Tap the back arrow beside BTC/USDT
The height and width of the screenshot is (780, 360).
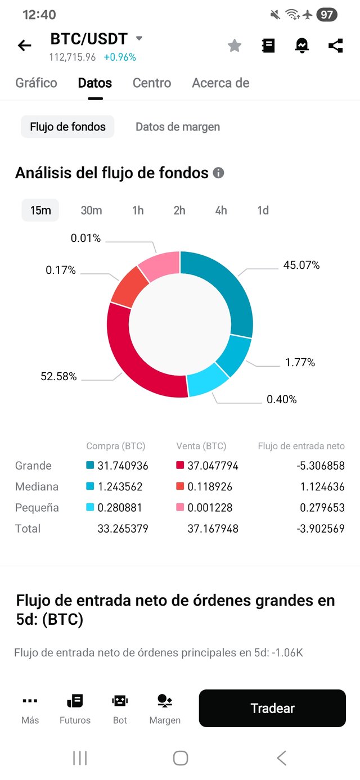point(25,46)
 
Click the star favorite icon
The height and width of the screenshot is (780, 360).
point(234,46)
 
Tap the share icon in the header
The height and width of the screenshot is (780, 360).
point(335,46)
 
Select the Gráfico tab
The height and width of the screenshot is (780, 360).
point(36,83)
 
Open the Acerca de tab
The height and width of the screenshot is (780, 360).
point(220,83)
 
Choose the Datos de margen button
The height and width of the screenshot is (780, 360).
point(178,127)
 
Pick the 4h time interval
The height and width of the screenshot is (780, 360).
point(221,210)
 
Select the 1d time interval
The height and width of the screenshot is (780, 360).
point(263,210)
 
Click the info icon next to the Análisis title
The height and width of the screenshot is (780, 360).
point(218,173)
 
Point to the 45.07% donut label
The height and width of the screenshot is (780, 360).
point(301,265)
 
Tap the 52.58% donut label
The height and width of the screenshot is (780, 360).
point(58,376)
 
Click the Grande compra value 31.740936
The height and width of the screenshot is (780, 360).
point(123,466)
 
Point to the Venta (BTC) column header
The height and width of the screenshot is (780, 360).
point(201,446)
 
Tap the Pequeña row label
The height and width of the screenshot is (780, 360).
point(37,507)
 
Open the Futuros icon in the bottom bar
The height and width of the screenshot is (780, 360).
point(75,709)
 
